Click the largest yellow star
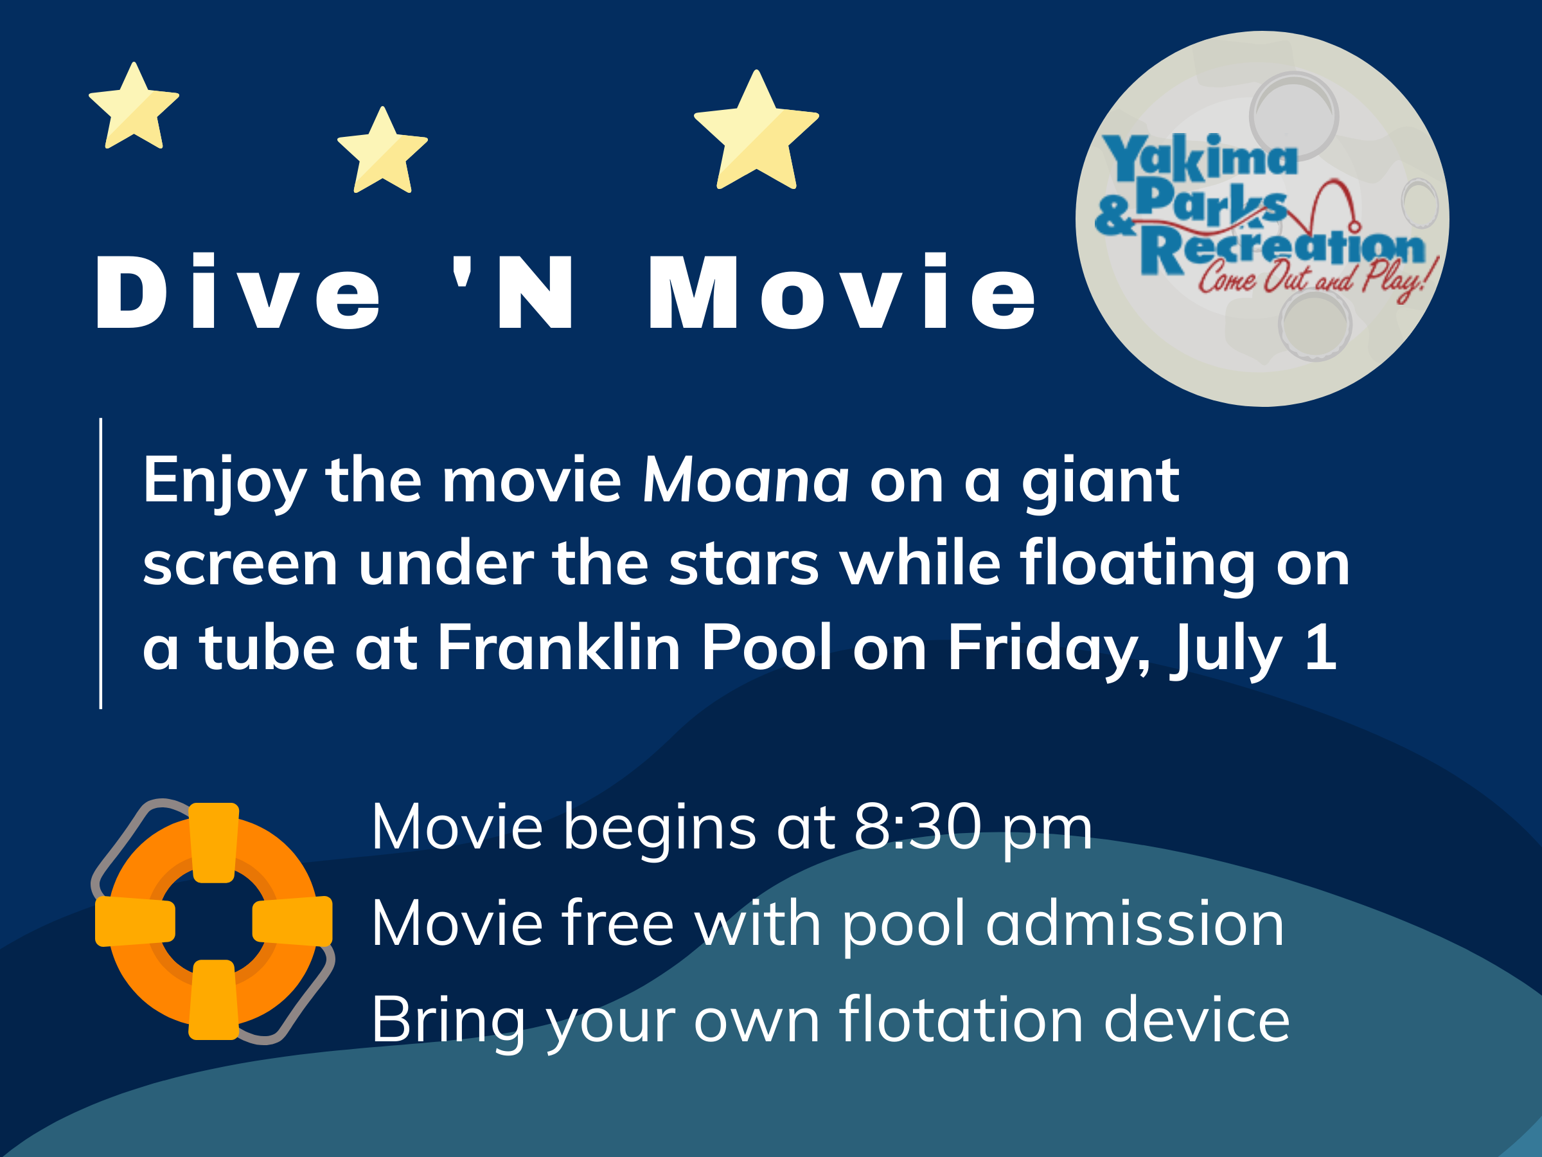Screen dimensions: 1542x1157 point(756,132)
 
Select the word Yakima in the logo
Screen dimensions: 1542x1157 point(1199,157)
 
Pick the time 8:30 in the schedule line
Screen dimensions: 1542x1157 point(917,827)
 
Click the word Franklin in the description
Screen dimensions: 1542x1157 point(558,648)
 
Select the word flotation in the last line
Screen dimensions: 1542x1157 point(961,1019)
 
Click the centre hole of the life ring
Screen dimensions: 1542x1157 point(213,920)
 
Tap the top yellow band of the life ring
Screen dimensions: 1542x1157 point(213,843)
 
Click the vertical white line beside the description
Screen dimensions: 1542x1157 point(101,564)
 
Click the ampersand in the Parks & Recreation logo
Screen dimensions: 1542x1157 point(1114,215)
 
